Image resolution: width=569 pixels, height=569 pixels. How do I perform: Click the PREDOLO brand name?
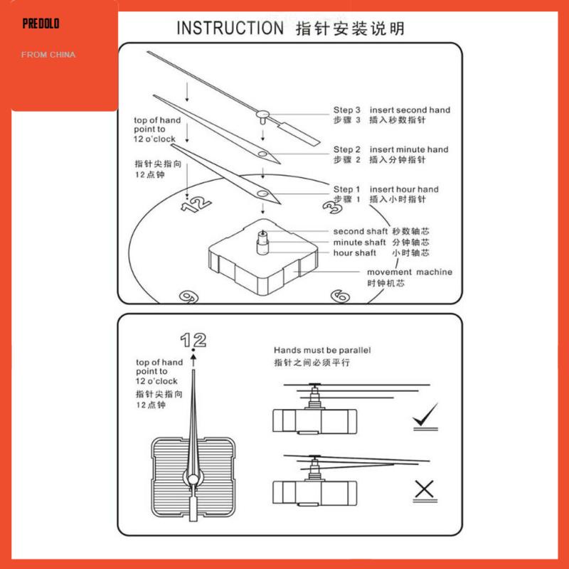click(41, 24)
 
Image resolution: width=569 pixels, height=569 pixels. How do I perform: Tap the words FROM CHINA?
click(48, 55)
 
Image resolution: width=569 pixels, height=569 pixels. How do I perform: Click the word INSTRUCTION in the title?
click(230, 28)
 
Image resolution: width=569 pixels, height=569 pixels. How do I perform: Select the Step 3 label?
click(347, 110)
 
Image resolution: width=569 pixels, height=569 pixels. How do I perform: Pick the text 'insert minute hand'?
click(409, 149)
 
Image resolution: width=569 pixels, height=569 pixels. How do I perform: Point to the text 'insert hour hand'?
click(404, 189)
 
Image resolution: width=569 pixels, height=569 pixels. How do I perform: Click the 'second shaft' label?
click(361, 232)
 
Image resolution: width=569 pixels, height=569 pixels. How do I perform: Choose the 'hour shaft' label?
click(354, 253)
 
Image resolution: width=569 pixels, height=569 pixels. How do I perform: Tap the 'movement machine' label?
click(410, 272)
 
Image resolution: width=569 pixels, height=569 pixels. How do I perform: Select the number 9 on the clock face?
click(189, 297)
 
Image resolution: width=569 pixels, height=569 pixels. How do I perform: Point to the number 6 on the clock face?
click(341, 296)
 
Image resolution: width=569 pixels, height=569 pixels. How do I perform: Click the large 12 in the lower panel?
click(193, 340)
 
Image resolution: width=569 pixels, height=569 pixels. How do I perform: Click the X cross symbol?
click(424, 489)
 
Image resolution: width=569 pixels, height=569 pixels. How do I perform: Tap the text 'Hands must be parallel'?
click(322, 350)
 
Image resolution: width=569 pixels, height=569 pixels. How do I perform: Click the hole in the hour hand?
click(262, 193)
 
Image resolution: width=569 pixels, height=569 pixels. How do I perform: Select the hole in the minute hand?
click(262, 154)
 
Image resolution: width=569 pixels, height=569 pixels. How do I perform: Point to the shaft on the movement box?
click(262, 242)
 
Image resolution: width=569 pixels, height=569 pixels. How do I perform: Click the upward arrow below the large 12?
click(193, 361)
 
